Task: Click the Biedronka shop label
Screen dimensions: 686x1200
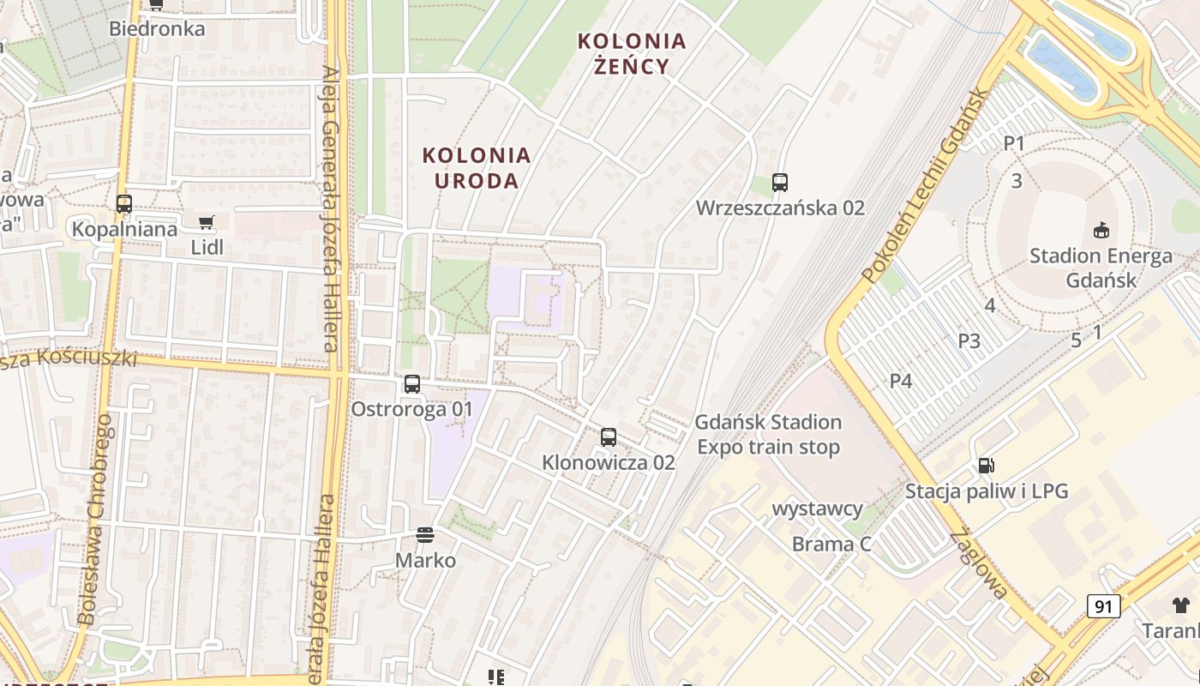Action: pos(157,28)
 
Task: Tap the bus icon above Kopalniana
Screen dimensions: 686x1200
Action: pos(124,204)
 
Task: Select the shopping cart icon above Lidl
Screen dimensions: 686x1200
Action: pos(206,223)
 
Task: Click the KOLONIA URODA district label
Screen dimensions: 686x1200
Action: pos(477,168)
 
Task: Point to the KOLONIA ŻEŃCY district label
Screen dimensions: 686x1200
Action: pos(632,53)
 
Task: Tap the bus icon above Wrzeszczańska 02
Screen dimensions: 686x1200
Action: pos(779,182)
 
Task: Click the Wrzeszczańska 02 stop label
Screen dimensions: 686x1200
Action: pos(780,208)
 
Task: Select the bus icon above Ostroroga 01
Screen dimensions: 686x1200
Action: pos(412,383)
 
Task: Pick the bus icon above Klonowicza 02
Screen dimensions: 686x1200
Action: pos(609,437)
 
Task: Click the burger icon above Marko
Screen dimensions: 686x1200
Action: pos(425,535)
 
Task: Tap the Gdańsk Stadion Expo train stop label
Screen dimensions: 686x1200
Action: pos(768,435)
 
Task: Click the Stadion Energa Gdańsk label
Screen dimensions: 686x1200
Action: pos(1101,268)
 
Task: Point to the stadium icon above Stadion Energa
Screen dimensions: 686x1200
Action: pos(1101,230)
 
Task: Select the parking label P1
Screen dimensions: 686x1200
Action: pos(1014,143)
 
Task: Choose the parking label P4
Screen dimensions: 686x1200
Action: pos(901,381)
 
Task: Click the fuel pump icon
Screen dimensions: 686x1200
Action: pos(987,466)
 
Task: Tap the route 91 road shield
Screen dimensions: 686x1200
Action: pos(1104,606)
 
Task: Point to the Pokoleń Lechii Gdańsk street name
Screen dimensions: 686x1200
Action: pos(926,184)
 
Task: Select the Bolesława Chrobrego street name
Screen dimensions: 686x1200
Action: pos(95,519)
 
